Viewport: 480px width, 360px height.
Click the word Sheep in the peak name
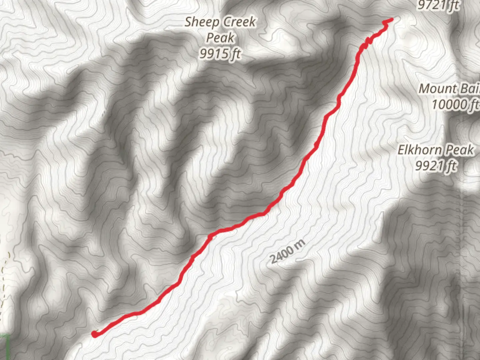201,22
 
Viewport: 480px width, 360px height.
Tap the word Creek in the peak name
240,22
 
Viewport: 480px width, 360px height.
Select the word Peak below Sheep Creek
220,38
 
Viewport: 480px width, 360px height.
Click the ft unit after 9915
235,53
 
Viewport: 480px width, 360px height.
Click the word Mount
438,89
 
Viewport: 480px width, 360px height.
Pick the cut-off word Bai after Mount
470,89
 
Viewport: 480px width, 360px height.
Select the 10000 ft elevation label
455,105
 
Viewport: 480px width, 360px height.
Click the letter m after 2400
300,244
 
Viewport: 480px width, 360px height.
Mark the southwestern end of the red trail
94,334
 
